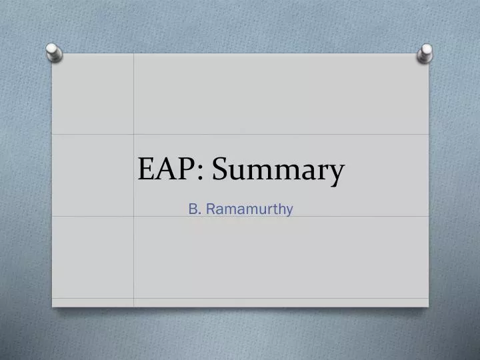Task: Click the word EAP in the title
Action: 167,170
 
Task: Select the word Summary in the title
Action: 279,171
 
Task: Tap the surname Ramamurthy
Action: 249,210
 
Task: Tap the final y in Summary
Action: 337,175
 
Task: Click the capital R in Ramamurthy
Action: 211,209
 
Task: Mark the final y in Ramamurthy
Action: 289,212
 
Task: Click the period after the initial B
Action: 200,213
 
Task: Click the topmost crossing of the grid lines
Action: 134,134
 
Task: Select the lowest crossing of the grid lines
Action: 134,298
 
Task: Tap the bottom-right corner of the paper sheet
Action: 428,307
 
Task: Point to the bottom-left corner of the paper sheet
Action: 53,307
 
